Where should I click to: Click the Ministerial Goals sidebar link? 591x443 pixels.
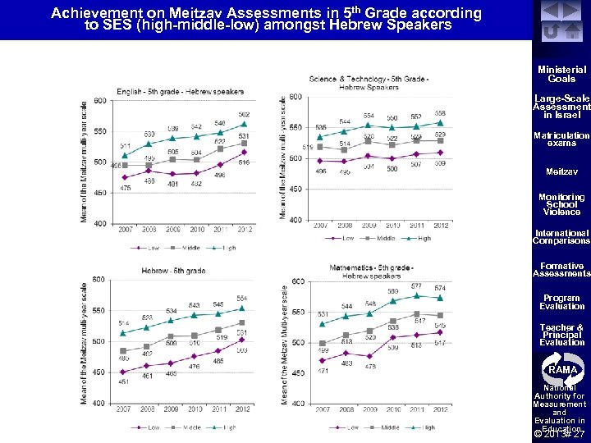[561, 75]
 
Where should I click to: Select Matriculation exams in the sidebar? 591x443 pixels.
[561, 139]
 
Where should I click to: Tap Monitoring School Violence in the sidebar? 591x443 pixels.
[561, 204]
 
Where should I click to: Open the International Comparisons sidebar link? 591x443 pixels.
[561, 237]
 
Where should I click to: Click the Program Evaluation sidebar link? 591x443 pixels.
[561, 302]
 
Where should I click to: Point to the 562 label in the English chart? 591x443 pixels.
[244, 115]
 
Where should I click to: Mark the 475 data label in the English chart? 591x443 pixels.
[126, 188]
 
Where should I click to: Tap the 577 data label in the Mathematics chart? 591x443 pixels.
[417, 286]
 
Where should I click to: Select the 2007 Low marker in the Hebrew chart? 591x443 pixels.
[123, 372]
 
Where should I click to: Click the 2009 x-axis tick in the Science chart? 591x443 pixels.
[369, 225]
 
